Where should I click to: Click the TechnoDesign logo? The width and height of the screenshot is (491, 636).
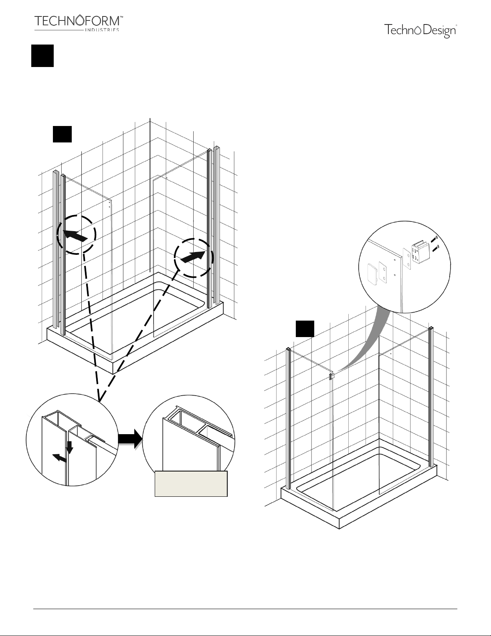pos(420,31)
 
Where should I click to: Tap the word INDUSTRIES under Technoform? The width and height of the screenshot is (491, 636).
pos(102,30)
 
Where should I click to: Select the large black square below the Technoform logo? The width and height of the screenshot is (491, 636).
pos(42,56)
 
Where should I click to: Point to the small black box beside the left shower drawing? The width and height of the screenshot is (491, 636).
pos(62,134)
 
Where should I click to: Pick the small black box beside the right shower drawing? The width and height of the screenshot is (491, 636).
pos(305,329)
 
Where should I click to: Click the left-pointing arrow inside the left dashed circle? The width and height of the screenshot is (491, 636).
pos(75,235)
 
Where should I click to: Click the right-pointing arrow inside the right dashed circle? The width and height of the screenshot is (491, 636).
pos(193,257)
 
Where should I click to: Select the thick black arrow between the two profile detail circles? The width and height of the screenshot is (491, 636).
pos(130,439)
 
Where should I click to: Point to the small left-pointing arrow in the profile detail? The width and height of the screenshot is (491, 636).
pos(60,458)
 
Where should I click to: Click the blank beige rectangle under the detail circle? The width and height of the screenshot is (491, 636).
pos(191,484)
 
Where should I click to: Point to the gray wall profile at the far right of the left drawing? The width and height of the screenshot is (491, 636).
pos(217,226)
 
